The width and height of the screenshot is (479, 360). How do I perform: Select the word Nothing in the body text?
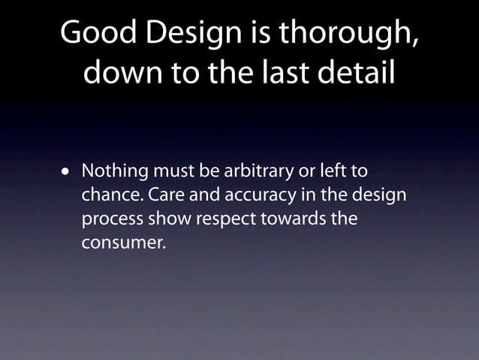click(x=114, y=171)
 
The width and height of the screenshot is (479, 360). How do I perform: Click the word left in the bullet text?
click(x=332, y=171)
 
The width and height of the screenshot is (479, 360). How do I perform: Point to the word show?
click(x=167, y=220)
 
